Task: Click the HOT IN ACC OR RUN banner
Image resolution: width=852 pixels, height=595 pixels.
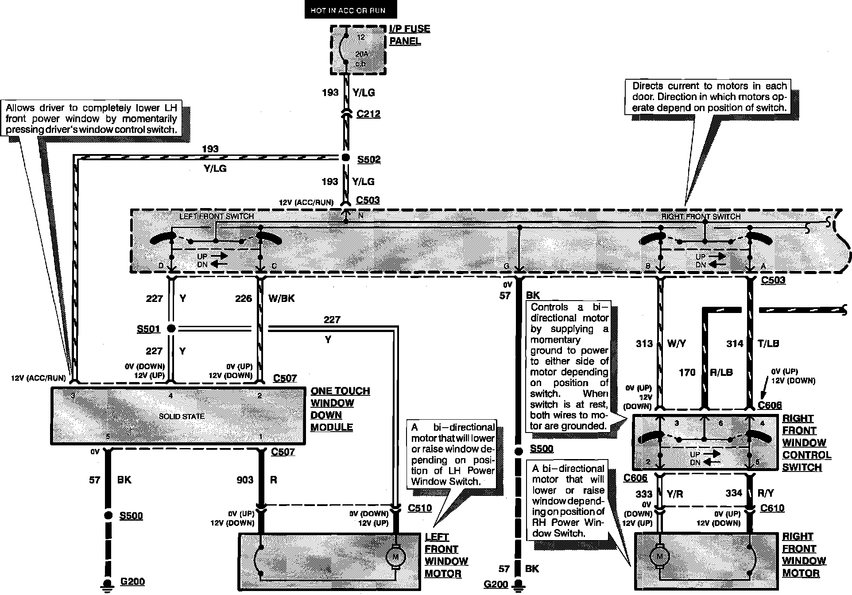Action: click(348, 10)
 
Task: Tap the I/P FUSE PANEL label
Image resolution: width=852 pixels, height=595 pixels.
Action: click(409, 35)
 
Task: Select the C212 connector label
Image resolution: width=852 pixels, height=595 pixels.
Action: click(368, 114)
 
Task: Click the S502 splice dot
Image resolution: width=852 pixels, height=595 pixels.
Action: click(345, 158)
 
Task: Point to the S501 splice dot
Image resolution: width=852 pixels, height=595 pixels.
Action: click(171, 328)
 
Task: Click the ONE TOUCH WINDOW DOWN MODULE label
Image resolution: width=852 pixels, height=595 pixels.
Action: click(340, 409)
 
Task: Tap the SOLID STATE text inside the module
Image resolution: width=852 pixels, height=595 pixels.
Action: click(182, 416)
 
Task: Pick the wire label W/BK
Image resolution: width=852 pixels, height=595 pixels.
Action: click(281, 298)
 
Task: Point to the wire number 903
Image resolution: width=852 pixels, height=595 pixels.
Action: click(245, 480)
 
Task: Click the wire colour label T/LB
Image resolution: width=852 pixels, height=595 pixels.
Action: click(768, 344)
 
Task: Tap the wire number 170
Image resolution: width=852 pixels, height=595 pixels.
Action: click(687, 373)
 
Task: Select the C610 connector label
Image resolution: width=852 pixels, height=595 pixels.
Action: click(772, 508)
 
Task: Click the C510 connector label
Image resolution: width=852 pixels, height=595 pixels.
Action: click(419, 508)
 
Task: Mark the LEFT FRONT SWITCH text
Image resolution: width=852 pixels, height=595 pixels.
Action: click(217, 216)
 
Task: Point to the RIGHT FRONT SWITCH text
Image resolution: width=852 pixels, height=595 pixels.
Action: click(701, 216)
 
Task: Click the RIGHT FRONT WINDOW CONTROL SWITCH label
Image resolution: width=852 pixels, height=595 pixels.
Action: click(806, 443)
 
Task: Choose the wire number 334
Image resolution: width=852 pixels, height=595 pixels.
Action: click(733, 493)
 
